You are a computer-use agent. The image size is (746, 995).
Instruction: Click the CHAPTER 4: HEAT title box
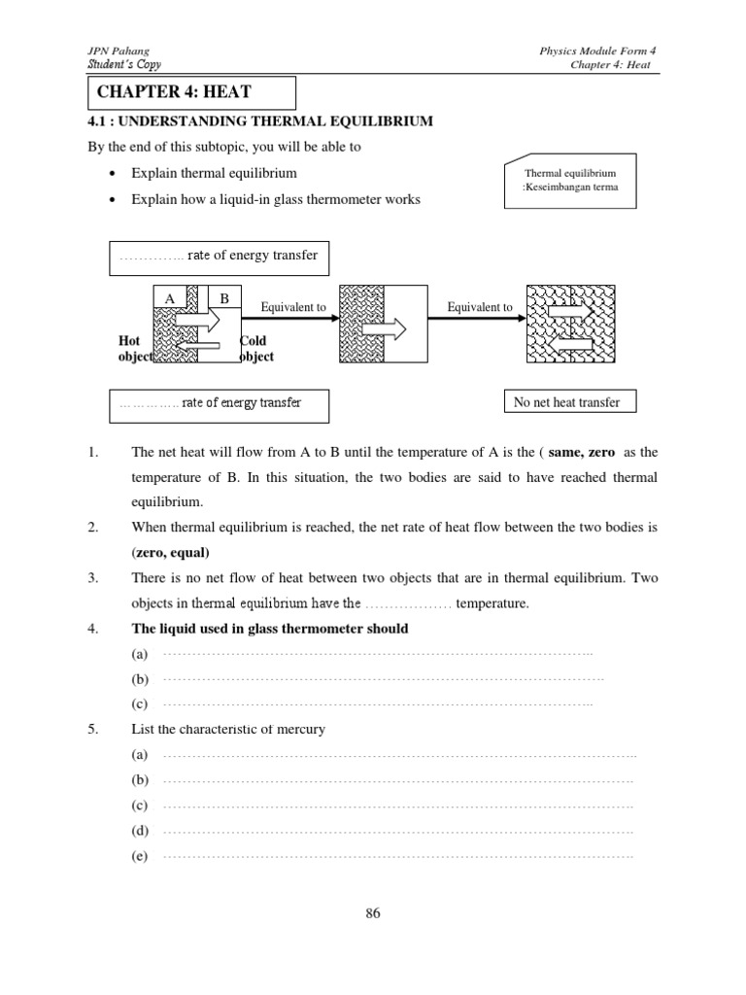click(x=189, y=92)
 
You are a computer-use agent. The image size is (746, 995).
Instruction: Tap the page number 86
click(x=373, y=912)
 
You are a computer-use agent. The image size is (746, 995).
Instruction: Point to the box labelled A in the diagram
click(x=169, y=299)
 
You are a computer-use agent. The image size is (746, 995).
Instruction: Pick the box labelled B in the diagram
click(x=223, y=299)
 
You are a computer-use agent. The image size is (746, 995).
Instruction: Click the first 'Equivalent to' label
click(x=293, y=307)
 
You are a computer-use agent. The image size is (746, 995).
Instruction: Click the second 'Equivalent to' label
click(x=479, y=307)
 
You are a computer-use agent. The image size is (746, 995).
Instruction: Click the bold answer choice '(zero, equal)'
click(x=170, y=552)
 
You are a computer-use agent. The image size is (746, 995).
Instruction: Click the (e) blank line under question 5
click(x=398, y=856)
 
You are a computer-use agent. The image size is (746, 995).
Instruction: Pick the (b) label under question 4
click(x=141, y=679)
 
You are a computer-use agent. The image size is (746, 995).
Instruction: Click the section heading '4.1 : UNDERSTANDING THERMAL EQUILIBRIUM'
click(x=260, y=121)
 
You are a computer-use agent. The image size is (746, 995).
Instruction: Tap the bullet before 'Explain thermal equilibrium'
click(x=115, y=173)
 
